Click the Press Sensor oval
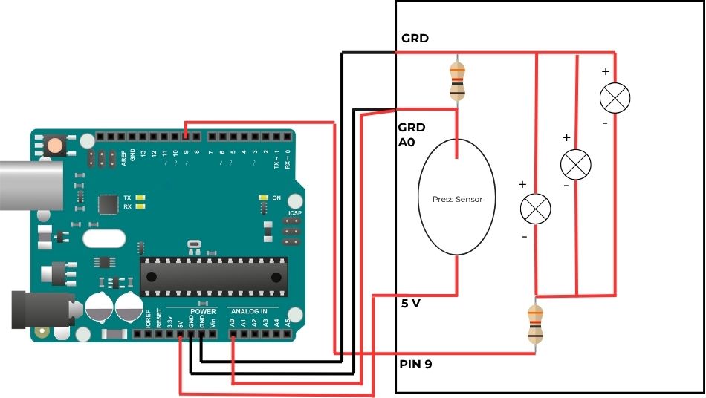(457, 197)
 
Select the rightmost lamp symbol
(615, 97)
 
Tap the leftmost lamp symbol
(535, 209)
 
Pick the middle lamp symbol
(575, 163)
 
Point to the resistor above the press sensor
(457, 81)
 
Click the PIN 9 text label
(417, 364)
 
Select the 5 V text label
(411, 303)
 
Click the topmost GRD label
(415, 39)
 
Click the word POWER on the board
(203, 310)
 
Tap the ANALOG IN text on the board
(253, 310)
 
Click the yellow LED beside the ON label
(262, 198)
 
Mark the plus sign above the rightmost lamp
(605, 72)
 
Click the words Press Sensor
(457, 199)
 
